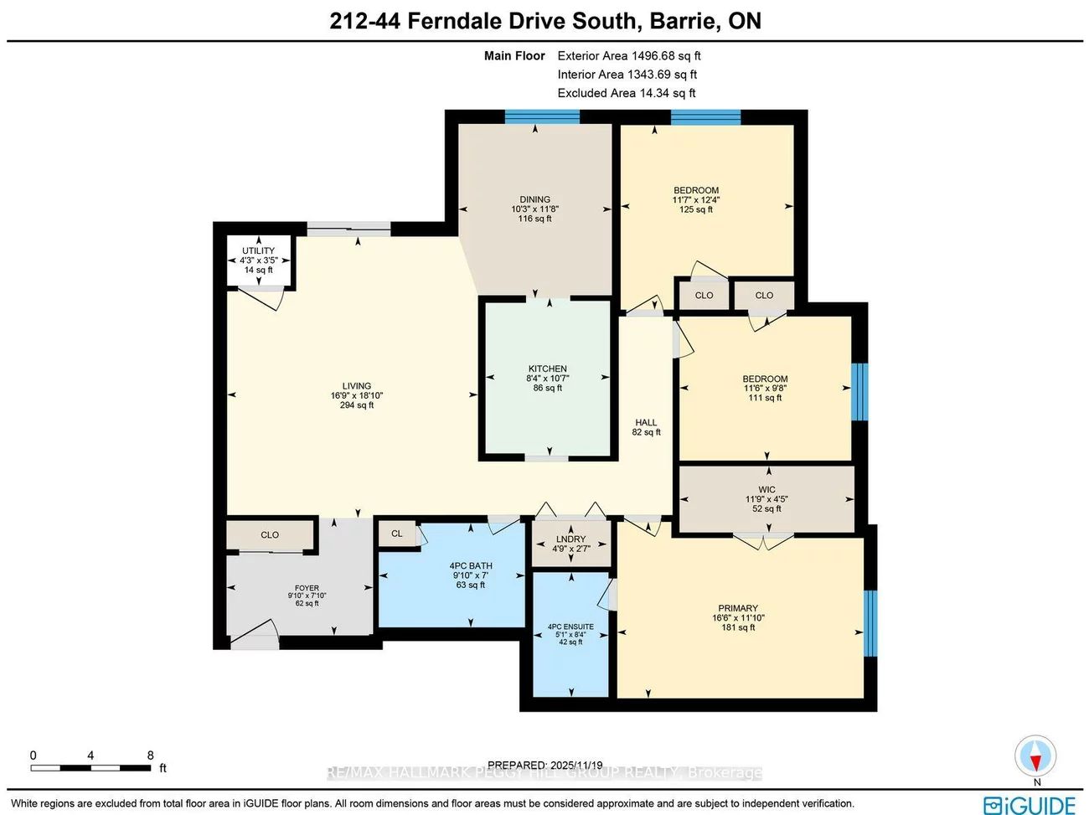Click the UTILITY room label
tap(258, 250)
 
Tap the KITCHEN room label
tap(547, 369)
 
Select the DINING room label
tap(534, 199)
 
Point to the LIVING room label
tap(356, 386)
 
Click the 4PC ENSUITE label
tap(570, 627)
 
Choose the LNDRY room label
tap(570, 539)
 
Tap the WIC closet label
tap(766, 490)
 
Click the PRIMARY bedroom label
tap(737, 608)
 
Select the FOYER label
tap(307, 588)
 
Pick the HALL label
tap(646, 423)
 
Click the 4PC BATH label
tap(471, 566)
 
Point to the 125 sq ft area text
tap(695, 209)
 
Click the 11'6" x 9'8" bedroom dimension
tap(765, 389)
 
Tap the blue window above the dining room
tap(542, 117)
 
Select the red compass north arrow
tap(1036, 761)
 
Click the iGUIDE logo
tap(1030, 805)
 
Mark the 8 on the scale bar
tap(151, 756)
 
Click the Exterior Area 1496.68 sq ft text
tap(628, 56)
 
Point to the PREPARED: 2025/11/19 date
tap(544, 765)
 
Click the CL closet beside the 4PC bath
tap(397, 534)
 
